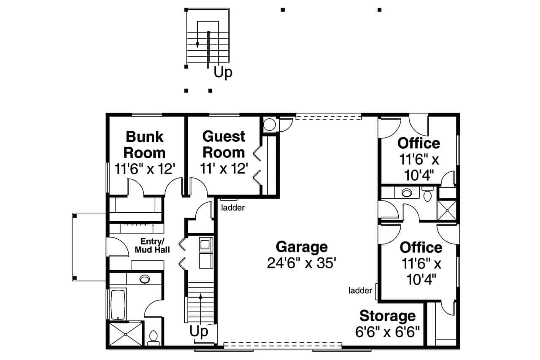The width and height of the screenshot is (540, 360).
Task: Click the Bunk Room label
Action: point(145,144)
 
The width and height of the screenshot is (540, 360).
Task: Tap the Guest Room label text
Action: point(224,144)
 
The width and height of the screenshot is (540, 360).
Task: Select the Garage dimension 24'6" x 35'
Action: point(301,263)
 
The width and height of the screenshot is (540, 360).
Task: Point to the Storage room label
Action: point(387,316)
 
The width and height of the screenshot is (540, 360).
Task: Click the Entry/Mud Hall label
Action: point(152,246)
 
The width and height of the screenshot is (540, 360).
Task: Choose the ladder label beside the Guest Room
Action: point(233,207)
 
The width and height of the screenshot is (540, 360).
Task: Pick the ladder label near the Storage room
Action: point(360,290)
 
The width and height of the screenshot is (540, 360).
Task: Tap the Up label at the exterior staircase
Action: point(223,72)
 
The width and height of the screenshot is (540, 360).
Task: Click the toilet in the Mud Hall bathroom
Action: point(153,336)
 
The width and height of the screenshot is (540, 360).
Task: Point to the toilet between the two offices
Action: point(427,195)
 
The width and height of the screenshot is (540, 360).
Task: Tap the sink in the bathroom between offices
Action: point(406,193)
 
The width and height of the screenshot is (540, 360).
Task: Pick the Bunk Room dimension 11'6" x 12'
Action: point(145,168)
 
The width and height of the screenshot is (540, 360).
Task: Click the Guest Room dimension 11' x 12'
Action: point(224,168)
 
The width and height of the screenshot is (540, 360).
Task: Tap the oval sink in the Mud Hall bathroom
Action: point(145,279)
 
